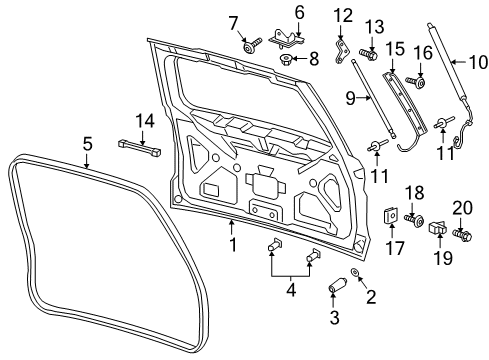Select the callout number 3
pyautogui.click(x=336, y=320)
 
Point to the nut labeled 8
pyautogui.click(x=287, y=59)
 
